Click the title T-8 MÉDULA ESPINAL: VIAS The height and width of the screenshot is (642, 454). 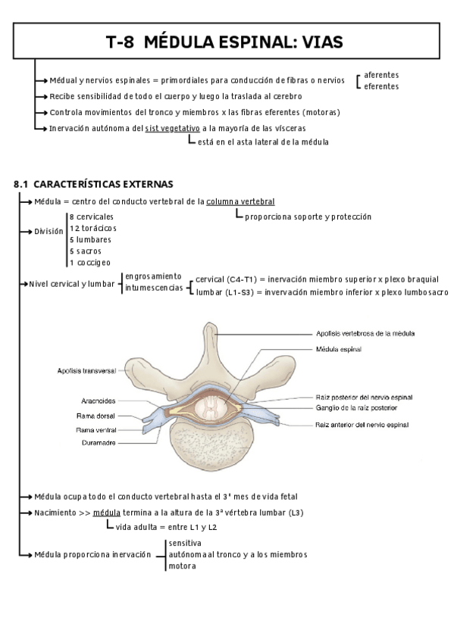224,42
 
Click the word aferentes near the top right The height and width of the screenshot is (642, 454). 381,75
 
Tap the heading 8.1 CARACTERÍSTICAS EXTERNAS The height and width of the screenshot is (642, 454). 94,184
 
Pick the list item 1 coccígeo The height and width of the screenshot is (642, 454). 89,262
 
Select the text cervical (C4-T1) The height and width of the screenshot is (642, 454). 225,279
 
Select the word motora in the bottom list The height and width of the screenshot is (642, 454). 183,566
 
